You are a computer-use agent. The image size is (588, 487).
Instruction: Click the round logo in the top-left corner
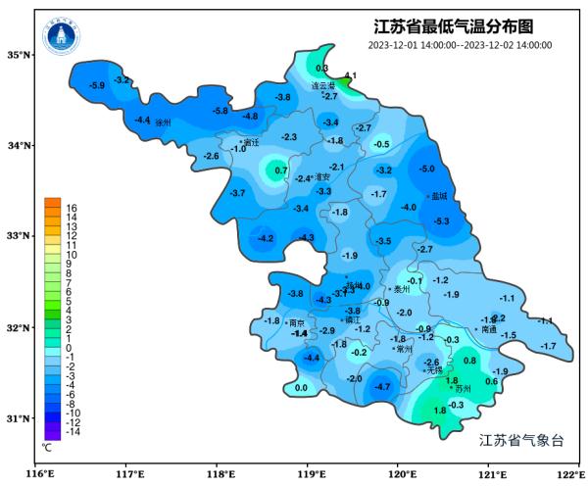coord(61,37)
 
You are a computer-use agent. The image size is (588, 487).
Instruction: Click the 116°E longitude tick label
coord(38,475)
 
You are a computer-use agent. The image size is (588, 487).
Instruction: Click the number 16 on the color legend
coord(72,209)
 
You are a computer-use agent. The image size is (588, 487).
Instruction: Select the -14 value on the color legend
coord(73,431)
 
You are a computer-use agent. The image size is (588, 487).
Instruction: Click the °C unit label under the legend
coord(47,447)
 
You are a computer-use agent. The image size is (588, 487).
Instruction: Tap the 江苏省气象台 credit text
coord(520,440)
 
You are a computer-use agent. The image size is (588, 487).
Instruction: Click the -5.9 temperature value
coord(96,86)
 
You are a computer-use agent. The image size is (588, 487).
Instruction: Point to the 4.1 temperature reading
coord(350,75)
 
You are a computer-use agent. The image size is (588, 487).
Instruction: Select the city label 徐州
coord(163,122)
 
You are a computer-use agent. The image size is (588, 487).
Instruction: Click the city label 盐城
coord(437,196)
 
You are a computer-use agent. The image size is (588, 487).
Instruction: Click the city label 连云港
coord(322,85)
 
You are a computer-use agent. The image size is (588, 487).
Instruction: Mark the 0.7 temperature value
coord(282,171)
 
